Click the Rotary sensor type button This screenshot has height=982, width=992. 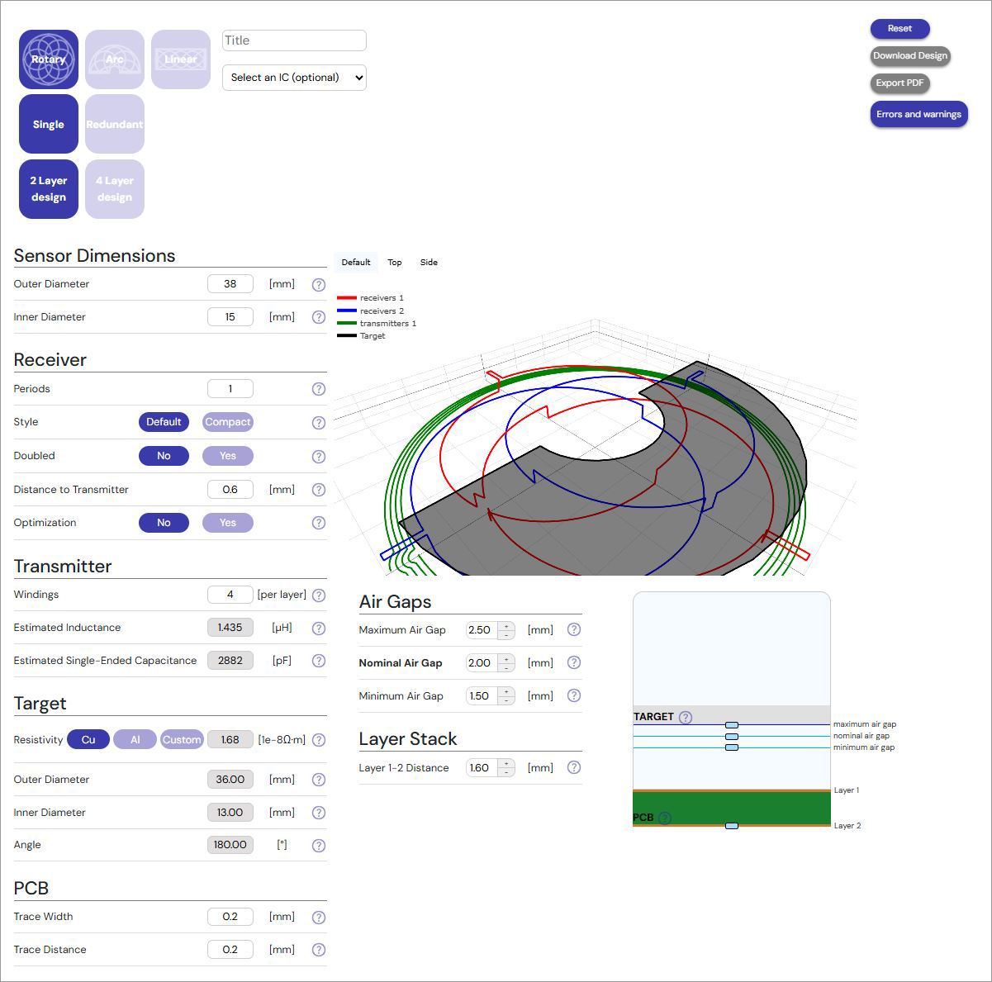pyautogui.click(x=49, y=59)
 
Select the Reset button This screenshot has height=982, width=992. pyautogui.click(x=899, y=29)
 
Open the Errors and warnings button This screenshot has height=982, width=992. pyautogui.click(x=918, y=115)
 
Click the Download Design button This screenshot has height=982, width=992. pyautogui.click(x=910, y=56)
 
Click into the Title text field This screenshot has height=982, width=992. pyautogui.click(x=294, y=40)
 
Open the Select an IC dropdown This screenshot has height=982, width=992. pyautogui.click(x=294, y=78)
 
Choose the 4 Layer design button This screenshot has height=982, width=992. pyautogui.click(x=115, y=189)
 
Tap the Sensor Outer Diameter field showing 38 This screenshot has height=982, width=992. pyautogui.click(x=230, y=284)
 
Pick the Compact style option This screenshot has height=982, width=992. pyautogui.click(x=227, y=422)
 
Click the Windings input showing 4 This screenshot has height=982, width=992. pyautogui.click(x=230, y=595)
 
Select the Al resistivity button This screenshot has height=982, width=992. pyautogui.click(x=135, y=740)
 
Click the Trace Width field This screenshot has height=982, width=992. pyautogui.click(x=230, y=917)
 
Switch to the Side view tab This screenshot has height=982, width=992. pyautogui.click(x=429, y=263)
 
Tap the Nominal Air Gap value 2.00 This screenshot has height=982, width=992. pyautogui.click(x=480, y=663)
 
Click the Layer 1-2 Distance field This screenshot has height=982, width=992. pyautogui.click(x=480, y=768)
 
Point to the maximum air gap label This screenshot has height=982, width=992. pyautogui.click(x=864, y=724)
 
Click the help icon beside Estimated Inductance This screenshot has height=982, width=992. pyautogui.click(x=319, y=629)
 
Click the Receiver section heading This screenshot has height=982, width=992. pyautogui.click(x=50, y=360)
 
